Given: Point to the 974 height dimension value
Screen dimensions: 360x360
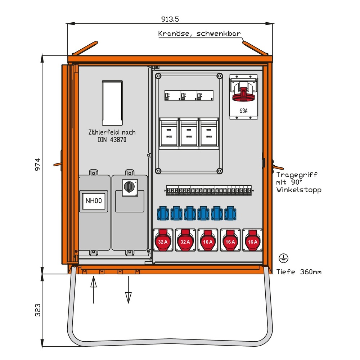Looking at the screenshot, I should click(x=38, y=165).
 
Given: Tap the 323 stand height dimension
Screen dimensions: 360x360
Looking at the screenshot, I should click(x=38, y=310).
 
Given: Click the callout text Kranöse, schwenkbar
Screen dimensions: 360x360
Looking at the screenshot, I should click(x=199, y=34).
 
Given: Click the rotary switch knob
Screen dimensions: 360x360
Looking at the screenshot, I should click(x=129, y=186).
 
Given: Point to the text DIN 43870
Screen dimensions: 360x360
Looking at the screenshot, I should click(x=112, y=140).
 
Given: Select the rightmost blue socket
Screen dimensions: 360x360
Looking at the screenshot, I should click(x=230, y=213).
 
